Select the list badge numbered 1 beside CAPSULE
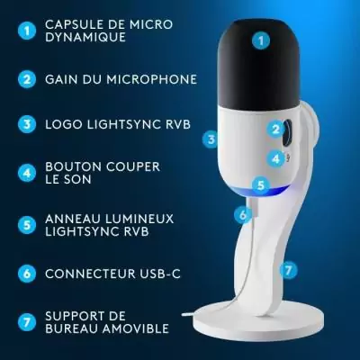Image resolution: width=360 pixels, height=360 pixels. coord(26,31)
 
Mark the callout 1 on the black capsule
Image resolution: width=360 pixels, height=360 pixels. coord(261,40)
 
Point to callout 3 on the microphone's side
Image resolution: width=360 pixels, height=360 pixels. coord(211,139)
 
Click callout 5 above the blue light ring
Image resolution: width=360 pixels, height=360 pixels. coord(260,185)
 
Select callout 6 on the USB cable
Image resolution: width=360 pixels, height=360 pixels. coord(241,214)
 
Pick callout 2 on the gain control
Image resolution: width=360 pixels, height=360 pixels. coord(275,129)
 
